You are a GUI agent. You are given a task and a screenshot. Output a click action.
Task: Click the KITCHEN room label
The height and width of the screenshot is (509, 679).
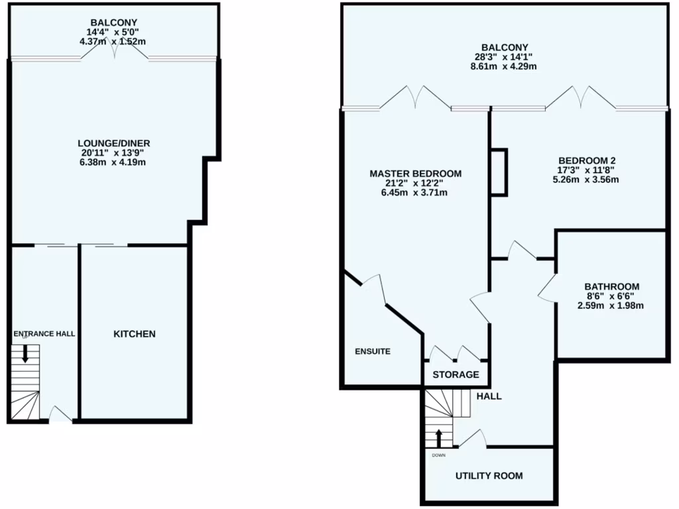coord(134,334)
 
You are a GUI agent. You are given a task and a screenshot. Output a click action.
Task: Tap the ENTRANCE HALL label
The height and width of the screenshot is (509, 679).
coord(44,334)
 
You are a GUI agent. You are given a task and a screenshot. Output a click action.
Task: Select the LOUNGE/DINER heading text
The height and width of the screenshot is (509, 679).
coord(114,142)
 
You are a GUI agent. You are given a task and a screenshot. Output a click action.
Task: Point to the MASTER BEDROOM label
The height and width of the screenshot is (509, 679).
coord(415,174)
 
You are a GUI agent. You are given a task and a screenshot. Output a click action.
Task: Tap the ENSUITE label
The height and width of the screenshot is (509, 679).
coord(373,351)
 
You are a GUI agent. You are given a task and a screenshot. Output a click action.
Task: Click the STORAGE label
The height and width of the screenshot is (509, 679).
coord(456,374)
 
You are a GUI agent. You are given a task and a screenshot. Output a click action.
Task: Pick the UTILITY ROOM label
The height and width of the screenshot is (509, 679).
coord(489,476)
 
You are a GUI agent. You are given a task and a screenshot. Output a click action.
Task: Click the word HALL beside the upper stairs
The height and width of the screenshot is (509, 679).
coord(489,396)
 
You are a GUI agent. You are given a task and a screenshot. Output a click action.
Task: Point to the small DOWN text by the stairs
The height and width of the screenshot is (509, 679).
coord(439,455)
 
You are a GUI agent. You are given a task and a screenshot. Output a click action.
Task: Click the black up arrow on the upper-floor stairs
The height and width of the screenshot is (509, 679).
coord(438,438)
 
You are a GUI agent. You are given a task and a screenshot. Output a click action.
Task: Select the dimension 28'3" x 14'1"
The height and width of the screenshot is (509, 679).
coord(505,57)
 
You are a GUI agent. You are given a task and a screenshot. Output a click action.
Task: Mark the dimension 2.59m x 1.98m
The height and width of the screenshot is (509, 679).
coord(611,306)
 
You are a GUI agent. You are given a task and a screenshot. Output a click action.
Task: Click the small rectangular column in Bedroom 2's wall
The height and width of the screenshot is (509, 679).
coord(498,172)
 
